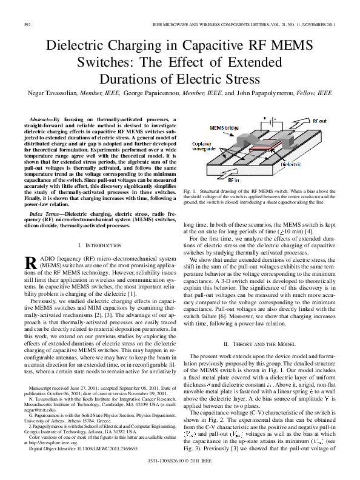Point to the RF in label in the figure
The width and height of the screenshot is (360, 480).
(232, 181)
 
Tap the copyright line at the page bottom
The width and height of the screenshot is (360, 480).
(179, 461)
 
